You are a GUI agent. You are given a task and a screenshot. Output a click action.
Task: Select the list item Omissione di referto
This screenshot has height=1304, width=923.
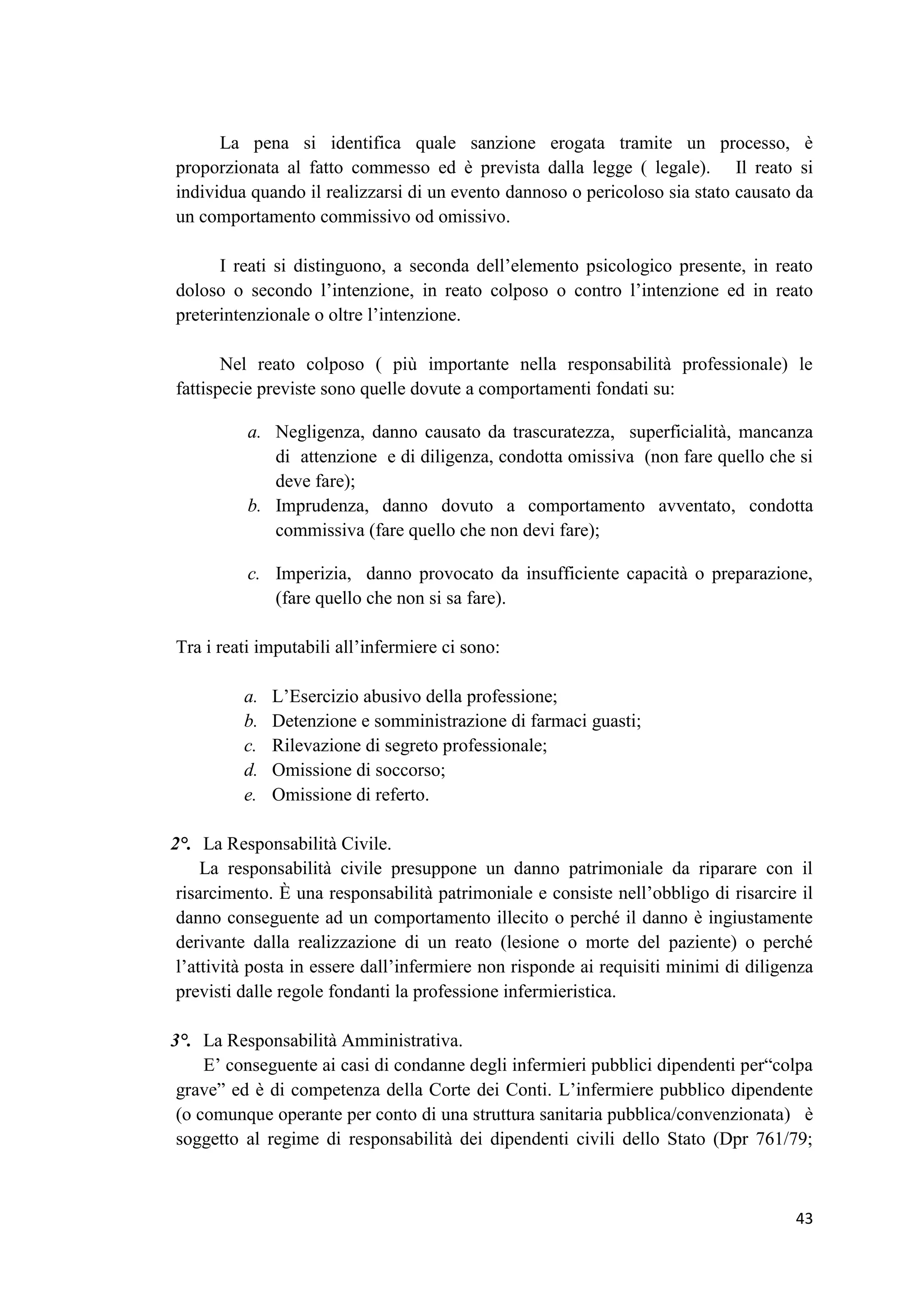[350, 795]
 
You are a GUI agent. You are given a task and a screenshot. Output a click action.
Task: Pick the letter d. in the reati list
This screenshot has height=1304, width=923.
[250, 770]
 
